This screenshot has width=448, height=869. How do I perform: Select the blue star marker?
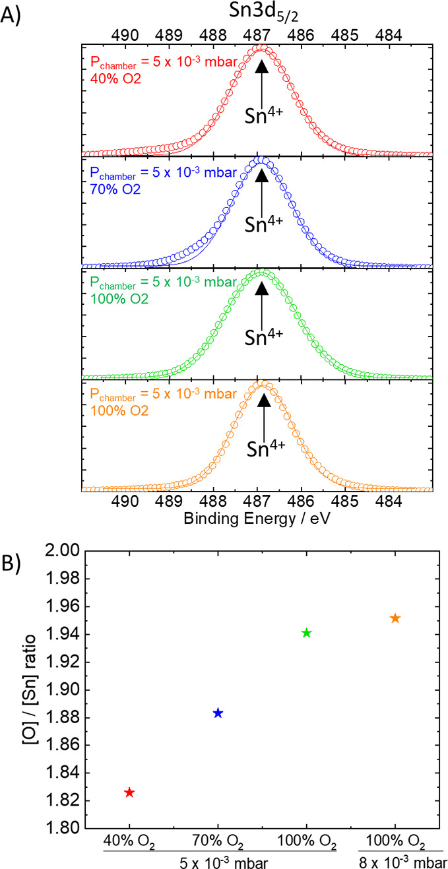(x=218, y=713)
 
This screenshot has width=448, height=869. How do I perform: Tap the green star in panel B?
(x=306, y=633)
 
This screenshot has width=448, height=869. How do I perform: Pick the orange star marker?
(x=395, y=618)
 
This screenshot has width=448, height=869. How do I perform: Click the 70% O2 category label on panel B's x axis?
(x=218, y=843)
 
